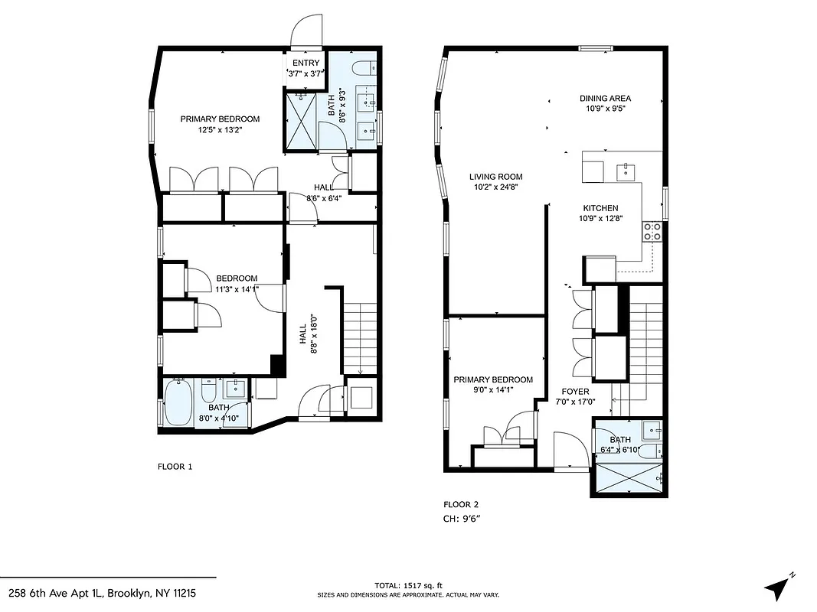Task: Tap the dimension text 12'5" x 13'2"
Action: tap(220, 130)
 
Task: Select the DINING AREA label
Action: tap(605, 98)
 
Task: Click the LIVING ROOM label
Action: tap(495, 177)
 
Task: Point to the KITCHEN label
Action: tap(600, 208)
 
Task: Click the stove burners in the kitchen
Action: tap(652, 231)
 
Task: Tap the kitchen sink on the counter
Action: tap(626, 169)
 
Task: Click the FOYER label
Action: tap(575, 392)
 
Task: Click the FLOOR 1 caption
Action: tap(175, 466)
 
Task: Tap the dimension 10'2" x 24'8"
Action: tap(495, 187)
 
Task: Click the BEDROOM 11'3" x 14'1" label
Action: tap(237, 283)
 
